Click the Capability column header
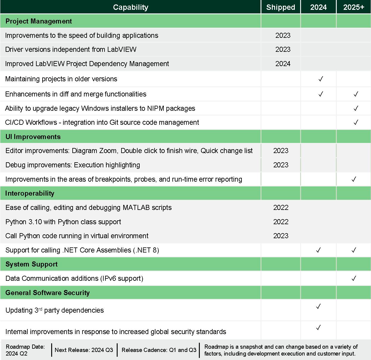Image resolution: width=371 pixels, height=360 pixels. tap(130, 7)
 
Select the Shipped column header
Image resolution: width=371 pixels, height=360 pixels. tap(280, 7)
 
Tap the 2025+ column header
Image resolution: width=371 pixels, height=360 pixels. tap(353, 7)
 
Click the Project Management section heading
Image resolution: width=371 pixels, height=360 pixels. tap(39, 21)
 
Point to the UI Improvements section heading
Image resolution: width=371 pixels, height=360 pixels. tap(33, 137)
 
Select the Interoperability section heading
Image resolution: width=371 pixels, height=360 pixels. tap(30, 193)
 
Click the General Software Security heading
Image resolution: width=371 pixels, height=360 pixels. tap(48, 293)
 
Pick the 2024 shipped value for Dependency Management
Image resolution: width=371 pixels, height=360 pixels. tap(283, 63)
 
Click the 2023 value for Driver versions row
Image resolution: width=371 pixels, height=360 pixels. tap(283, 49)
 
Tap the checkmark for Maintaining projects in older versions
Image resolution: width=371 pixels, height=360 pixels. tap(321, 79)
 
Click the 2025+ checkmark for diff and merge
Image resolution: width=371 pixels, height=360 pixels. tap(356, 94)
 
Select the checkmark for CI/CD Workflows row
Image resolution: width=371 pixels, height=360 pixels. tap(356, 122)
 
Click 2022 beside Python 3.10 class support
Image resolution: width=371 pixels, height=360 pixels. tap(281, 222)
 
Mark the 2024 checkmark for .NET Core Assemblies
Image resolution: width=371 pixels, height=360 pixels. tap(318, 250)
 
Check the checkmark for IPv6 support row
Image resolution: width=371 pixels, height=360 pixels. tap(354, 278)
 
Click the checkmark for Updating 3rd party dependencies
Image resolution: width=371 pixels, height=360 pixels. tap(318, 306)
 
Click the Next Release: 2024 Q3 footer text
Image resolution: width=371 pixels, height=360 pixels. tap(84, 350)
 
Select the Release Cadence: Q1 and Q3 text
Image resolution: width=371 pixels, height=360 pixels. tap(159, 350)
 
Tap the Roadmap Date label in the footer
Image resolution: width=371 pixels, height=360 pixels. tap(25, 347)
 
